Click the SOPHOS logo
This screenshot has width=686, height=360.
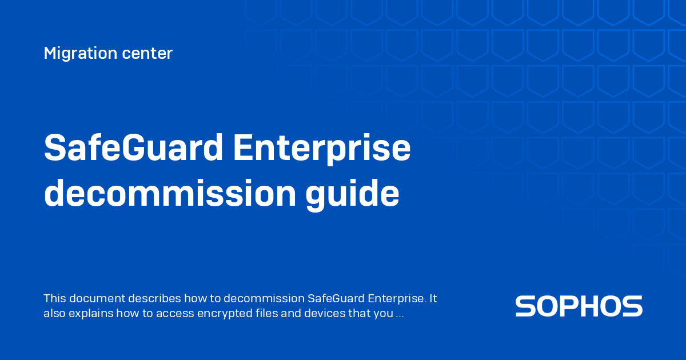click(x=579, y=306)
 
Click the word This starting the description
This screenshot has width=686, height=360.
click(x=55, y=298)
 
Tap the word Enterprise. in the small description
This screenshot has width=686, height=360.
click(x=397, y=298)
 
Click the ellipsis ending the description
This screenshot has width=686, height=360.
click(x=401, y=314)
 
